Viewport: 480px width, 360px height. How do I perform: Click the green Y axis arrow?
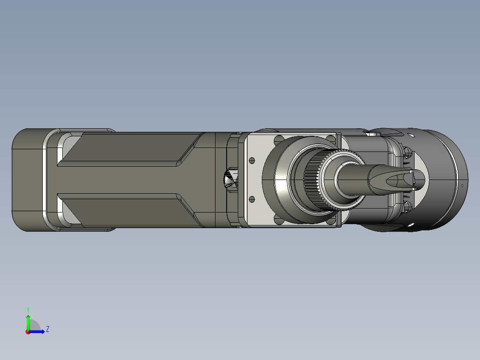pos(28,322)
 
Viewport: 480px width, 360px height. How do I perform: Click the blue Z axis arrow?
pos(37,331)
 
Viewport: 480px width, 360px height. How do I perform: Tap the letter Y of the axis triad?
pos(28,310)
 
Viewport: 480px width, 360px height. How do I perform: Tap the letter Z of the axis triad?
pos(48,329)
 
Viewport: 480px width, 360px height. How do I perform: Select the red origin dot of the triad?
pos(28,332)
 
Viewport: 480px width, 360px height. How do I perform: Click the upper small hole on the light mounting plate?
pos(252,160)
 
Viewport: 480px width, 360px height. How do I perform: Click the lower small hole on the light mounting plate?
pos(252,200)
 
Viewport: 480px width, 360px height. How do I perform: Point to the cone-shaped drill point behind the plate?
pos(231,180)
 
